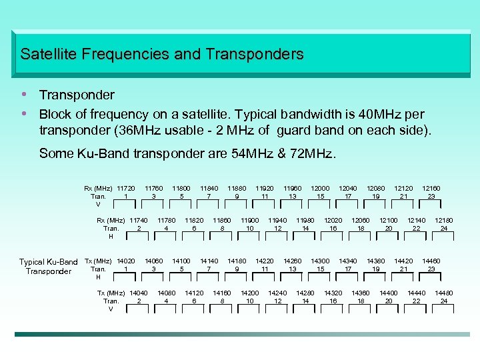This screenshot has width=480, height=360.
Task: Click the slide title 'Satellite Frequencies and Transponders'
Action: click(162, 54)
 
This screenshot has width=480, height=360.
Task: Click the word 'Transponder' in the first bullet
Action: click(77, 95)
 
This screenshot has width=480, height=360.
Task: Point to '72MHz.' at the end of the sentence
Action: click(316, 154)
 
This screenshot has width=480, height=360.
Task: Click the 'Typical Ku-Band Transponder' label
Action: click(48, 267)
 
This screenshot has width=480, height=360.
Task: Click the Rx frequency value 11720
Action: click(126, 189)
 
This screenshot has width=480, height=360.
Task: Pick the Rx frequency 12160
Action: click(431, 189)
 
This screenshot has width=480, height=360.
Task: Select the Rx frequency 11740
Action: click(139, 221)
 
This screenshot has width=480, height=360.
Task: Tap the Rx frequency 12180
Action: click(444, 221)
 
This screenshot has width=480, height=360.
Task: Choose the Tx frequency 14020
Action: click(126, 261)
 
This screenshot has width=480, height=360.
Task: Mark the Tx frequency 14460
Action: click(431, 261)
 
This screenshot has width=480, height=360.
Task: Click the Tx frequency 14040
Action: click(139, 293)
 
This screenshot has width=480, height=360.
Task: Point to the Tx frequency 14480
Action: click(444, 293)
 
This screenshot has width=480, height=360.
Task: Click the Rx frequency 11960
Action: click(293, 189)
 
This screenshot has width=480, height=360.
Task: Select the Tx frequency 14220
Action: click(265, 261)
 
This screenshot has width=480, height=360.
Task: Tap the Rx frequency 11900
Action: click(250, 221)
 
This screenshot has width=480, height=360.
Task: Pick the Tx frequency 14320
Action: click(333, 293)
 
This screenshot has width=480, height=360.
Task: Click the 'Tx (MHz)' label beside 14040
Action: click(111, 293)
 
